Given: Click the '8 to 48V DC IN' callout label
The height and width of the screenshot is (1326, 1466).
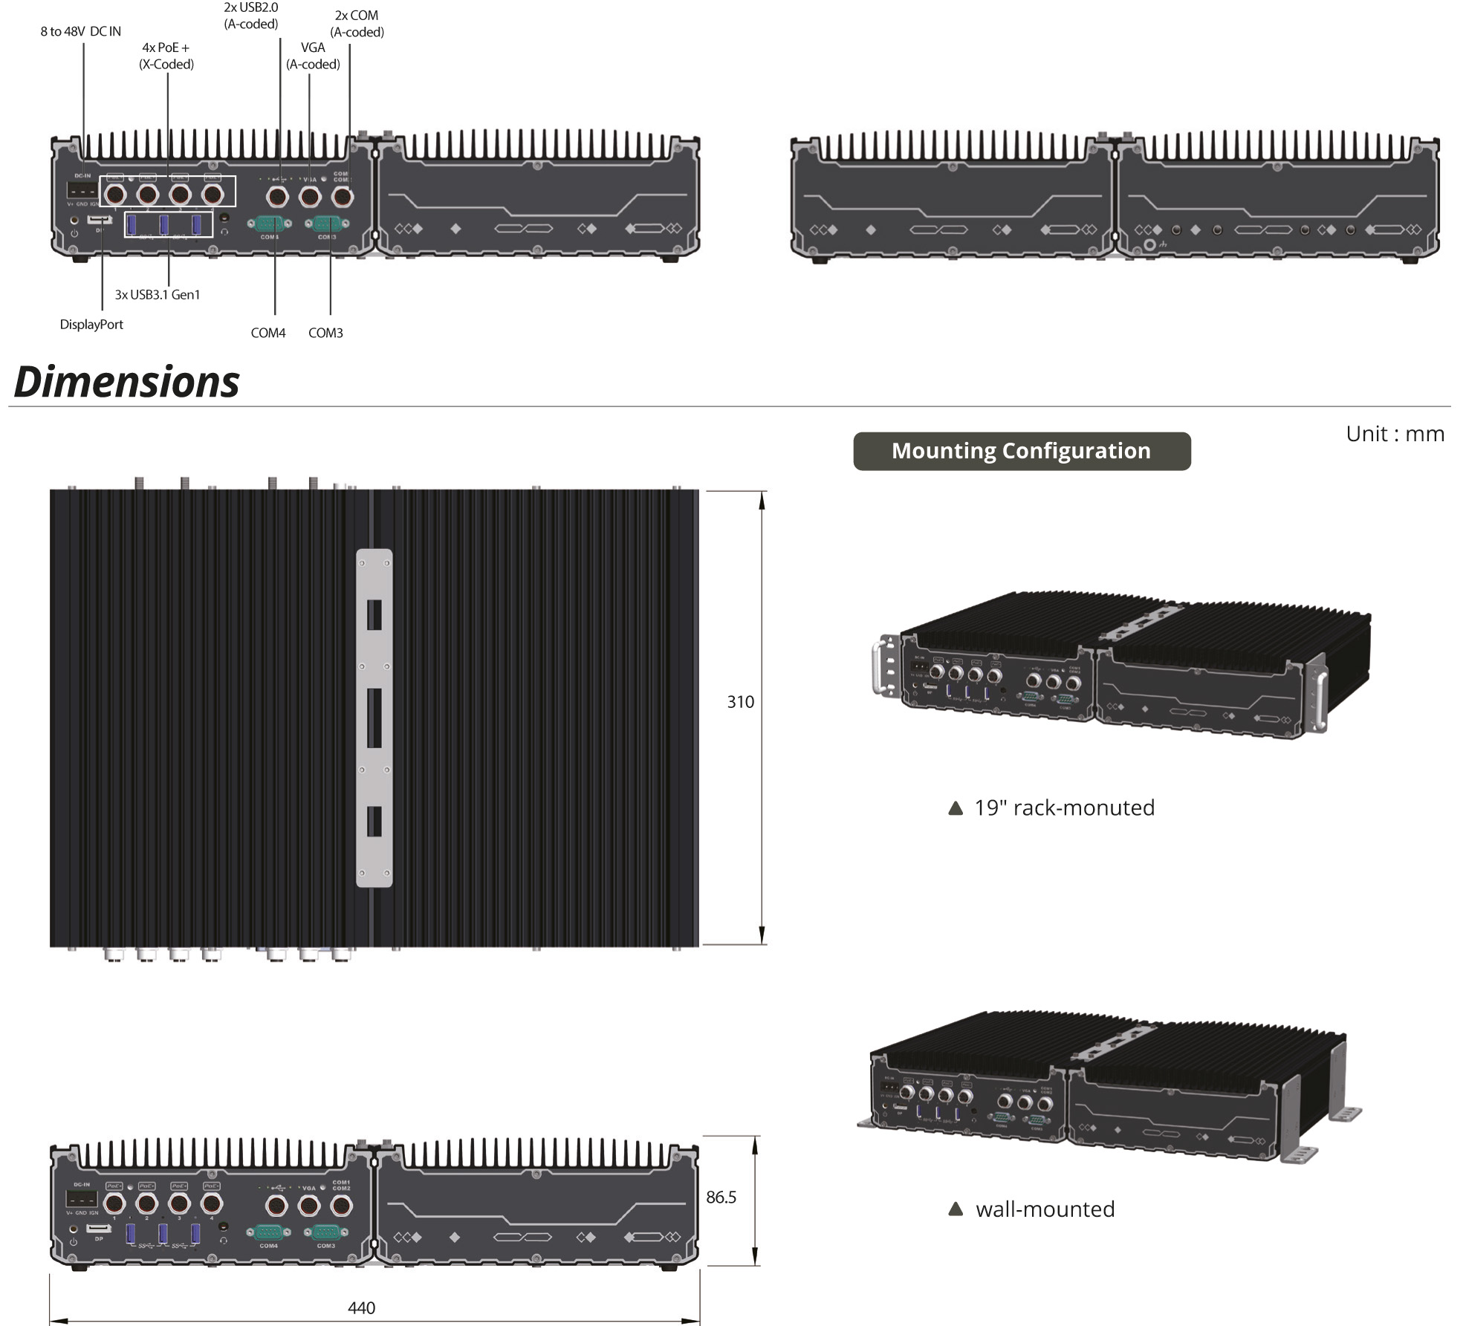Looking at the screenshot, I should pyautogui.click(x=80, y=31).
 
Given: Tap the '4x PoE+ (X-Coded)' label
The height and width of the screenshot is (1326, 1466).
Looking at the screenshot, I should pyautogui.click(x=166, y=56).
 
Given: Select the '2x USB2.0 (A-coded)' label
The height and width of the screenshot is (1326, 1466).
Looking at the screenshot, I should pyautogui.click(x=251, y=16).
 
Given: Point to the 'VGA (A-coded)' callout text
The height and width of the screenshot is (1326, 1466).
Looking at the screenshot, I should pyautogui.click(x=313, y=56).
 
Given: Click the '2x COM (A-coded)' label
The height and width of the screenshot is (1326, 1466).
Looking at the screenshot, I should pyautogui.click(x=357, y=24).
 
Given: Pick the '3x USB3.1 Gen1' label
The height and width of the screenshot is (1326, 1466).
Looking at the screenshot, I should pyautogui.click(x=158, y=295).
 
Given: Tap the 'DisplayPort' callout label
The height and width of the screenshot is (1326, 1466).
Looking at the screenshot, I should pyautogui.click(x=91, y=325).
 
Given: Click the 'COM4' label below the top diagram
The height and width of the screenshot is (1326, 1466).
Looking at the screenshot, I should pyautogui.click(x=268, y=333).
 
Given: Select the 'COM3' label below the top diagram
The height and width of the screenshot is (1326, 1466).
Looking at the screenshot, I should pyautogui.click(x=325, y=333).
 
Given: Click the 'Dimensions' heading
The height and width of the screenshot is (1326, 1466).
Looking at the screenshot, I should pyautogui.click(x=126, y=382).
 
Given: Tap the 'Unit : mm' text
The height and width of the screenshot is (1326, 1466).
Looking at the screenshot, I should pyautogui.click(x=1395, y=434).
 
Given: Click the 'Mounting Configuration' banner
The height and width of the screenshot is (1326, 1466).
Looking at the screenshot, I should pyautogui.click(x=1021, y=451).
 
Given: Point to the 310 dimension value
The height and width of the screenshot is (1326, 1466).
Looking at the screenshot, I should pyautogui.click(x=740, y=702).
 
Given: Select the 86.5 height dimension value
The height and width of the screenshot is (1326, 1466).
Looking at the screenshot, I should pyautogui.click(x=721, y=1197).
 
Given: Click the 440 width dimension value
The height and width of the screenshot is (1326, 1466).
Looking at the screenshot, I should pyautogui.click(x=361, y=1307).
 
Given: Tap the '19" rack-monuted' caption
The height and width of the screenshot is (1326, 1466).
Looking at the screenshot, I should pyautogui.click(x=1064, y=807).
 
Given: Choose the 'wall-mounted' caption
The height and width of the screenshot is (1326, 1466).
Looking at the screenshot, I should pyautogui.click(x=1045, y=1209).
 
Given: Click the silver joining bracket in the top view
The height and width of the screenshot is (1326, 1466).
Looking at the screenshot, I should pyautogui.click(x=374, y=718).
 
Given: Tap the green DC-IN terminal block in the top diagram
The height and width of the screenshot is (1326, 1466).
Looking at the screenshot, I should pyautogui.click(x=82, y=189).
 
